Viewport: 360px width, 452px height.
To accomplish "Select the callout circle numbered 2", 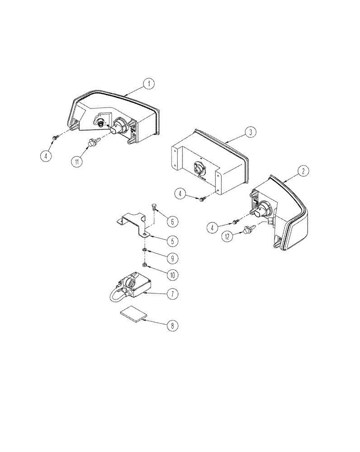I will coord(303,170).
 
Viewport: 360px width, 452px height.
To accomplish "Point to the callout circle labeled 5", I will coord(172,240).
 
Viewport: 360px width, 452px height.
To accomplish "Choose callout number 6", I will coord(172,221).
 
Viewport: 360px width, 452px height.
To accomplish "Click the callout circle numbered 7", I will coord(172,294).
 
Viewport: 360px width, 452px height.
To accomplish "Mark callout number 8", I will coord(172,325).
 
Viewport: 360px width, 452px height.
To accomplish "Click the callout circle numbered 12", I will coord(228,235).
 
